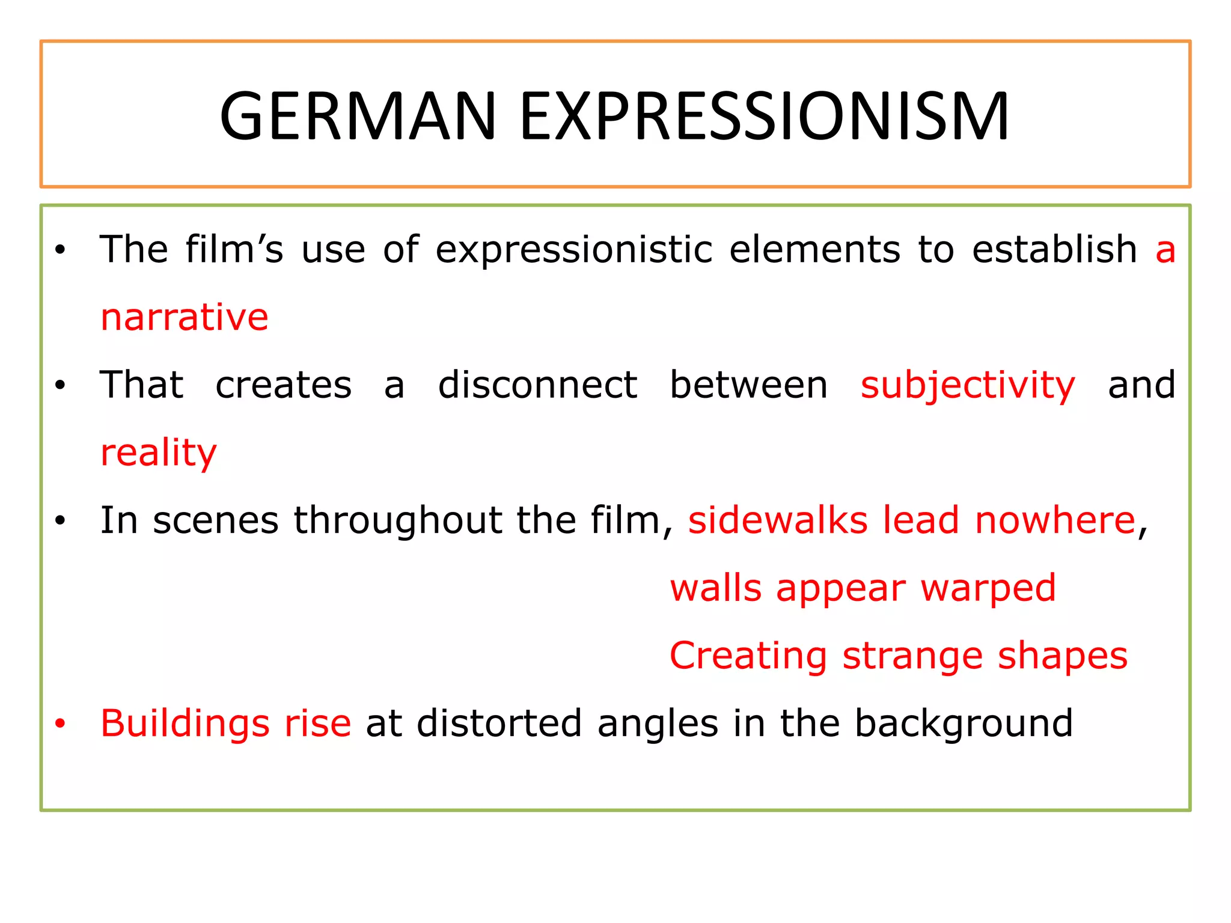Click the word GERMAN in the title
click(x=358, y=116)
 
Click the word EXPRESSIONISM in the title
click(x=764, y=116)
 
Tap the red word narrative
click(x=185, y=317)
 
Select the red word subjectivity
click(x=968, y=385)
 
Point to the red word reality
click(x=159, y=452)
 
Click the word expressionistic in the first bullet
click(x=574, y=249)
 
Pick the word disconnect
click(x=537, y=385)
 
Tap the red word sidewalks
click(x=778, y=520)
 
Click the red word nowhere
click(x=1055, y=520)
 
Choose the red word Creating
click(x=748, y=656)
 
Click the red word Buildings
click(x=185, y=723)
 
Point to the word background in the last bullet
click(x=964, y=723)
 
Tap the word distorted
click(x=499, y=723)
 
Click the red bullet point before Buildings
click(x=60, y=723)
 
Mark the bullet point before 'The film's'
click(x=60, y=250)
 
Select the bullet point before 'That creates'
click(x=60, y=386)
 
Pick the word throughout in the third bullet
click(x=397, y=520)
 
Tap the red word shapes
click(x=1063, y=656)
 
